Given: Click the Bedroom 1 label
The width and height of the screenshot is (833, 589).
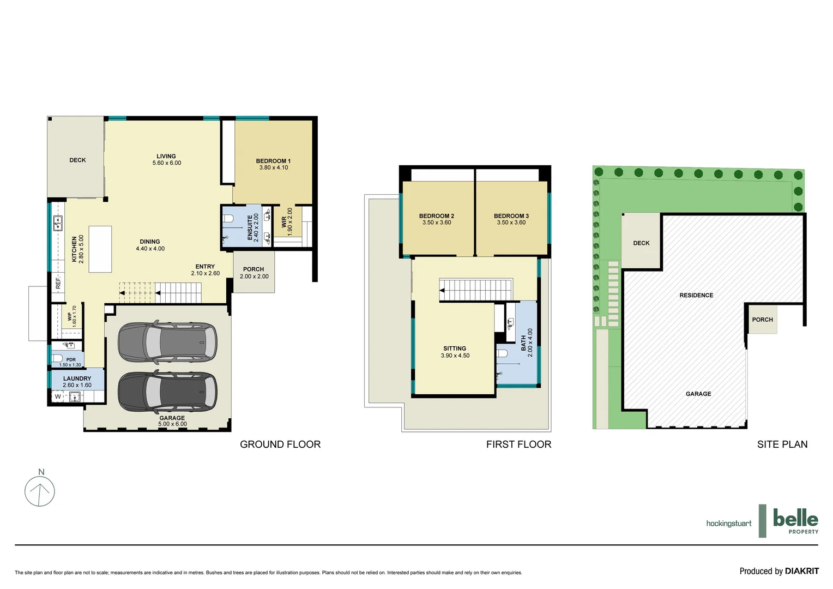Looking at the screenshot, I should pos(273,164).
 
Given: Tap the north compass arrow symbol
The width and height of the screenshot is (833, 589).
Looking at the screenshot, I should pos(40,491).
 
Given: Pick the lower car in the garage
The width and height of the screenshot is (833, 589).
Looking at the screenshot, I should pos(167,392).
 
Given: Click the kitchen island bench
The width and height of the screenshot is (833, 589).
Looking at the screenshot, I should pos(100,249).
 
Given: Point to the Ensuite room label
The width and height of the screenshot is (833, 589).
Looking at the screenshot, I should pos(253,227).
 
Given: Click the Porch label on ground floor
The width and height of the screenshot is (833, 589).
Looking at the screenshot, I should pos(254,273).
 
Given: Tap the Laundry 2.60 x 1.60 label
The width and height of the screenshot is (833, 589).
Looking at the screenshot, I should pos(77,382).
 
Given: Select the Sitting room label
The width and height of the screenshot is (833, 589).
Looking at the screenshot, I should pos(455,352).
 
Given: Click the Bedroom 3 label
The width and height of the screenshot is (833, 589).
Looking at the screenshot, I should pos(511,219).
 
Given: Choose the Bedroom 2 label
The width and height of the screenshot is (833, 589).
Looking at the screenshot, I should pos(437,219).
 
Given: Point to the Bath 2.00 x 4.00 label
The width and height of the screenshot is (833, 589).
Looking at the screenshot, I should pos(527,342).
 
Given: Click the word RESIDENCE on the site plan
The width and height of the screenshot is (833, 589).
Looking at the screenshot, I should pos(696,295).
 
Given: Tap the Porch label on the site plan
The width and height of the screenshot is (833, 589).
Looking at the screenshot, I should pos(762,320).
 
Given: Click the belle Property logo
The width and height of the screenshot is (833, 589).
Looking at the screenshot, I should pos(795,521).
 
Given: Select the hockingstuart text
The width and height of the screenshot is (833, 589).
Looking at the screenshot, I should pos(728,524).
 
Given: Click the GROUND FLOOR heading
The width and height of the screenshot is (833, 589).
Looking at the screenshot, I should pos(280,444).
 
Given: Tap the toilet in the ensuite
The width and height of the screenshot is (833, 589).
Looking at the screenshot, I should pos(228,219).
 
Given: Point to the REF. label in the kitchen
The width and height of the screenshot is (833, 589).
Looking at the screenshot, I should pos(58,283).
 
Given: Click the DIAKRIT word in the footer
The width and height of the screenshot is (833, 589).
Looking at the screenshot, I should pos(802,571).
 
